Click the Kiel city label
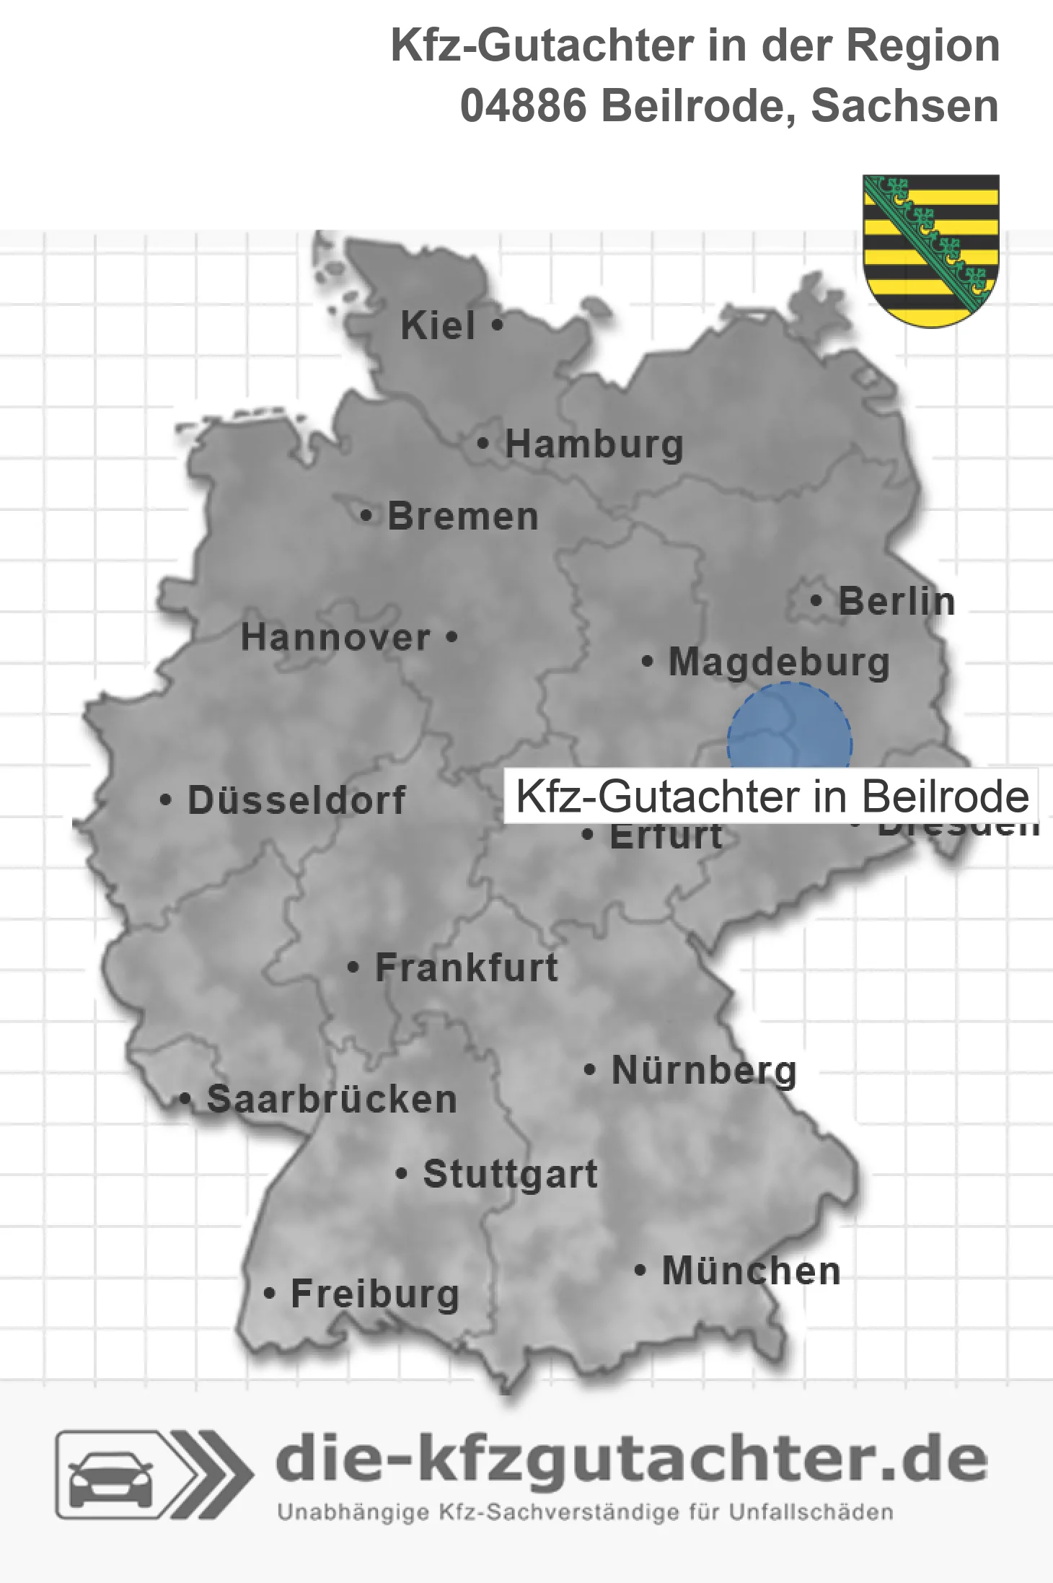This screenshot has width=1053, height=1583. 438,325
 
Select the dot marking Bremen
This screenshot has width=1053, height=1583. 366,516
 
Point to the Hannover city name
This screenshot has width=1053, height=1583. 335,637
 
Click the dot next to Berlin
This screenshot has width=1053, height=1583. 816,600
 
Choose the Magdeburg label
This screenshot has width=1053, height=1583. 779,662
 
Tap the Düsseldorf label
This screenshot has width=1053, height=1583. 296,800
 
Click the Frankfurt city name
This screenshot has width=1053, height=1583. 467,968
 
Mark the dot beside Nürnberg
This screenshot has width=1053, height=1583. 589,1069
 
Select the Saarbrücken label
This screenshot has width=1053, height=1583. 332,1099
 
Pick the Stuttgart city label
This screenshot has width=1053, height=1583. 510,1174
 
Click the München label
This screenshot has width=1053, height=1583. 752,1271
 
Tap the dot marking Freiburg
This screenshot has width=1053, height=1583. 269,1294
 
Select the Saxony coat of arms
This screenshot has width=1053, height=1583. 931,250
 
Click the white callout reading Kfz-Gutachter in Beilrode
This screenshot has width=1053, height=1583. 772,797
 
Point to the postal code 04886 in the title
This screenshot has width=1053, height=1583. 524,106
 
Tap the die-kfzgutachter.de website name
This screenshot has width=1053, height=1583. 631,1460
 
